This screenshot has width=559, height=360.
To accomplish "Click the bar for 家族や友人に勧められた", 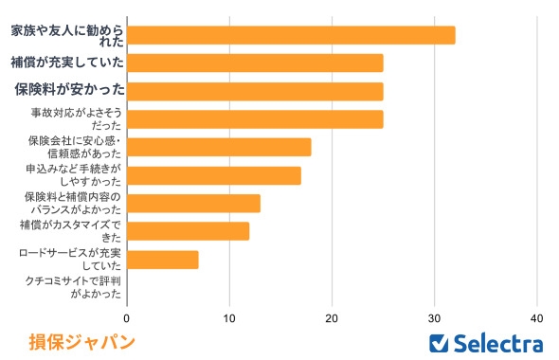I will [291, 35].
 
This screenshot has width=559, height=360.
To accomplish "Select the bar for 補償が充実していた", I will [255, 63].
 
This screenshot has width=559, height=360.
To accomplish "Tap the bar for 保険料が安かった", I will [255, 91].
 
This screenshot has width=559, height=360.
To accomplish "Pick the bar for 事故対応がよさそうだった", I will [255, 119].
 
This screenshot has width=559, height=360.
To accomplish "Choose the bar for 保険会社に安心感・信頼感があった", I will [219, 148].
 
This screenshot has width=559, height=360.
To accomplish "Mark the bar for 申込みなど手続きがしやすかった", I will [214, 175].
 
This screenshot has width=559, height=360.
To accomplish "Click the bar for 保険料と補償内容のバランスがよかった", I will [193, 204].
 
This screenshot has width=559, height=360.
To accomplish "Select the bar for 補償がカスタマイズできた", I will [188, 231].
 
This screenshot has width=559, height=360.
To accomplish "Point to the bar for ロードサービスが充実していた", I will [162, 260].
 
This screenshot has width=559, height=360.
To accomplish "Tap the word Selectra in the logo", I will [499, 342].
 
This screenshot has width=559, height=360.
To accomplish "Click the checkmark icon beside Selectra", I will [439, 342].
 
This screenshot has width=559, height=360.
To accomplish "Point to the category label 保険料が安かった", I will [69, 91].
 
